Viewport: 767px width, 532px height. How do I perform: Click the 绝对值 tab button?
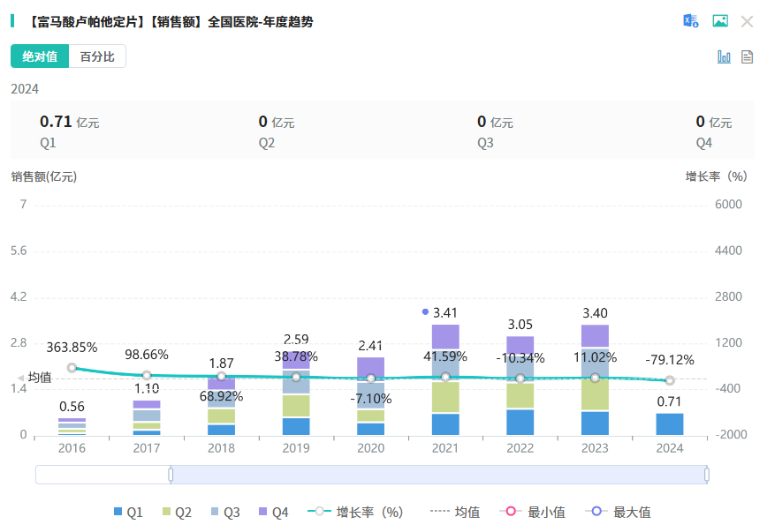pyautogui.click(x=40, y=56)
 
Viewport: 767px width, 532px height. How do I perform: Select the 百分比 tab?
pyautogui.click(x=97, y=56)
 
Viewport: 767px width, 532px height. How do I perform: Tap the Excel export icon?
pyautogui.click(x=690, y=21)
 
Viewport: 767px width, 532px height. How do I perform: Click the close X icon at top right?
pyautogui.click(x=747, y=21)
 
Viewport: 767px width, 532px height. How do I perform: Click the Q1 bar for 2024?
pyautogui.click(x=670, y=424)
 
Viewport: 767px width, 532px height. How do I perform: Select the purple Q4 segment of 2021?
pyautogui.click(x=445, y=337)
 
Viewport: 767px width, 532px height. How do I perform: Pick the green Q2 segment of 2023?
pyautogui.click(x=595, y=394)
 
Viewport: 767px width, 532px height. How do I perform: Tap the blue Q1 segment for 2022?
pyautogui.click(x=520, y=422)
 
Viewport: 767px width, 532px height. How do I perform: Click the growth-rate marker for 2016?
pyautogui.click(x=72, y=368)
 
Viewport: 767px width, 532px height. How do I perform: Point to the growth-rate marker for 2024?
pyautogui.click(x=670, y=380)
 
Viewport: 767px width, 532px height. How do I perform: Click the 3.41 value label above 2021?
pyautogui.click(x=445, y=312)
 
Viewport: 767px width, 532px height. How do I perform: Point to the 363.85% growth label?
pyautogui.click(x=72, y=347)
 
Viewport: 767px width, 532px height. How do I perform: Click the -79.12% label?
pyautogui.click(x=670, y=360)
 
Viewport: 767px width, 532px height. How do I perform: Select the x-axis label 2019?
pyautogui.click(x=296, y=447)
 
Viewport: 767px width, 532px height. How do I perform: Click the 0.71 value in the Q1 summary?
pyautogui.click(x=56, y=122)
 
